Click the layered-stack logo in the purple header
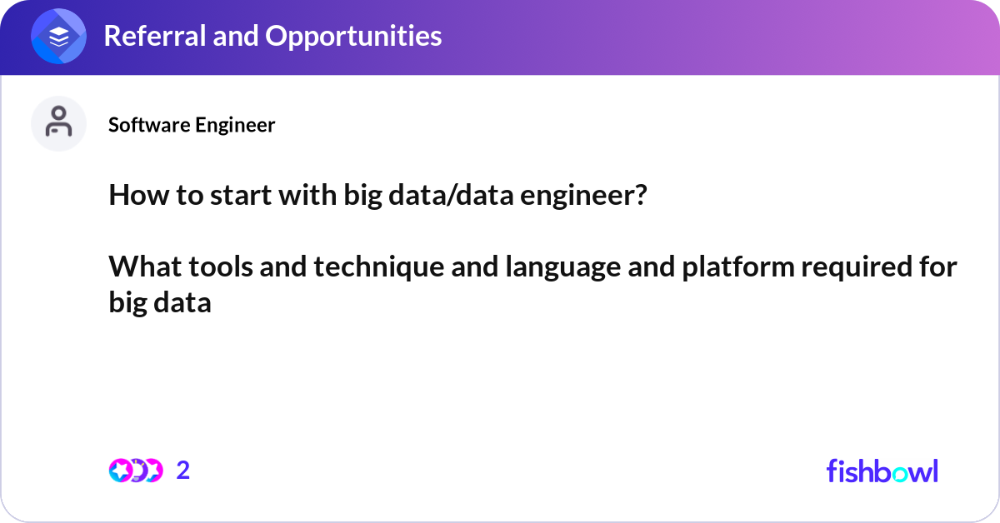(x=58, y=37)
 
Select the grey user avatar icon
(x=58, y=123)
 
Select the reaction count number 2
(x=183, y=471)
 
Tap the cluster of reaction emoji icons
(x=135, y=471)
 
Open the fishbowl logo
(x=882, y=471)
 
